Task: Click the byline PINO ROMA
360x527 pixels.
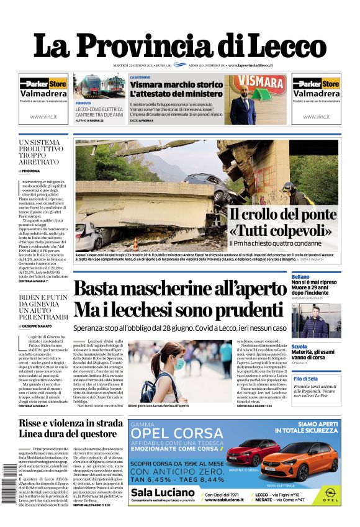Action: pos(32,170)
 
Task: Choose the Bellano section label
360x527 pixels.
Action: pos(300,276)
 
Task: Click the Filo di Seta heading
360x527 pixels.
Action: pos(305,378)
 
